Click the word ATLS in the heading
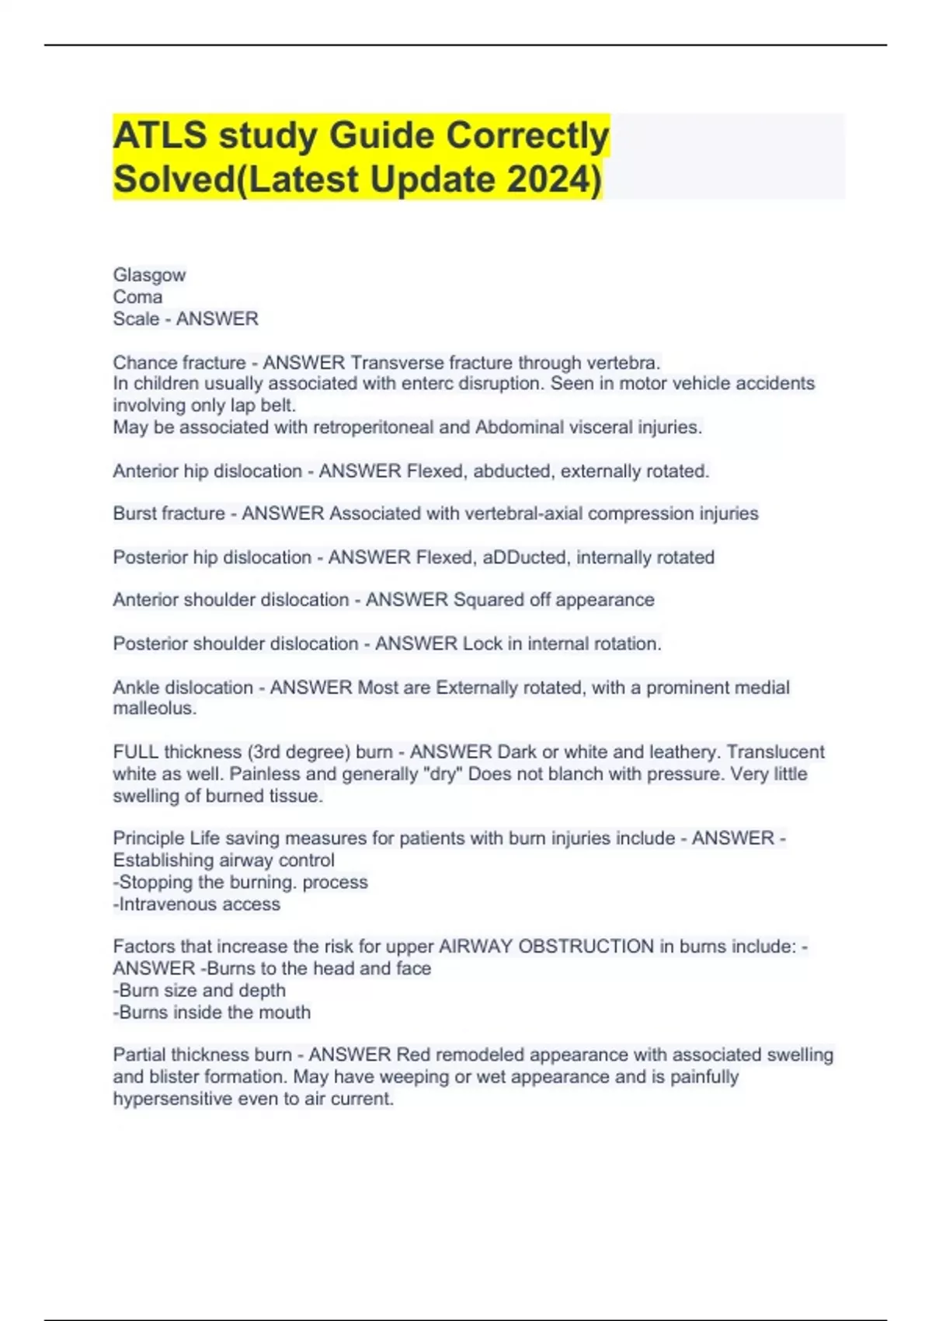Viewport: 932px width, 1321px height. tap(160, 135)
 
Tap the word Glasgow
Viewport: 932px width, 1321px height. tap(149, 275)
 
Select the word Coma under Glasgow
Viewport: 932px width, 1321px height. tap(137, 297)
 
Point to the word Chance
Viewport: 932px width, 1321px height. tap(141, 363)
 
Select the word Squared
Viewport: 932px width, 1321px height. tap(489, 600)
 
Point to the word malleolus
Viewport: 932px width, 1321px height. tap(154, 709)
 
